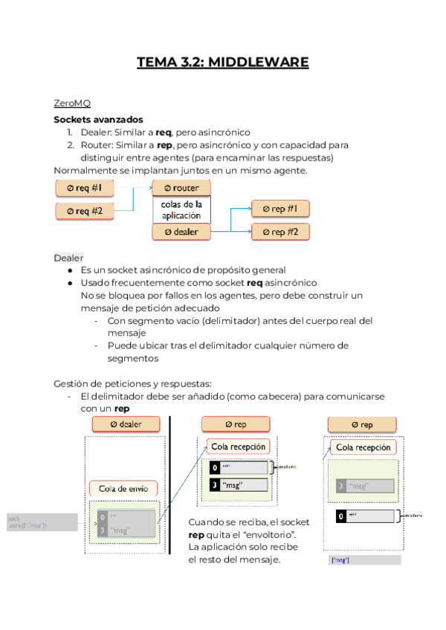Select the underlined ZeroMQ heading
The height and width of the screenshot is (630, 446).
(x=72, y=103)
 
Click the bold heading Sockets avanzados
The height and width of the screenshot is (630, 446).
(x=98, y=119)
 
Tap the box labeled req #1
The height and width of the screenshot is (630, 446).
(x=89, y=188)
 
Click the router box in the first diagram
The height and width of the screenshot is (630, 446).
(x=181, y=188)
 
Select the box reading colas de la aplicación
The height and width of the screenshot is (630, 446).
(x=181, y=209)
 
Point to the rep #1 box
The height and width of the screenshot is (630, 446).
(x=280, y=209)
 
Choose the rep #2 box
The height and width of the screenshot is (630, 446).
(x=280, y=233)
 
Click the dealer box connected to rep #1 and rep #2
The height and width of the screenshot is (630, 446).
(x=181, y=233)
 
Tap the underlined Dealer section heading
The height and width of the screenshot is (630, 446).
(x=68, y=257)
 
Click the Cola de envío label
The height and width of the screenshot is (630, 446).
(x=123, y=488)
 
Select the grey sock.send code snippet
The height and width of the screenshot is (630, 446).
(x=40, y=522)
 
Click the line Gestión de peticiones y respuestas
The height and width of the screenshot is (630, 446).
(x=132, y=383)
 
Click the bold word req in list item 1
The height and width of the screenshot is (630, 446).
(x=164, y=132)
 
